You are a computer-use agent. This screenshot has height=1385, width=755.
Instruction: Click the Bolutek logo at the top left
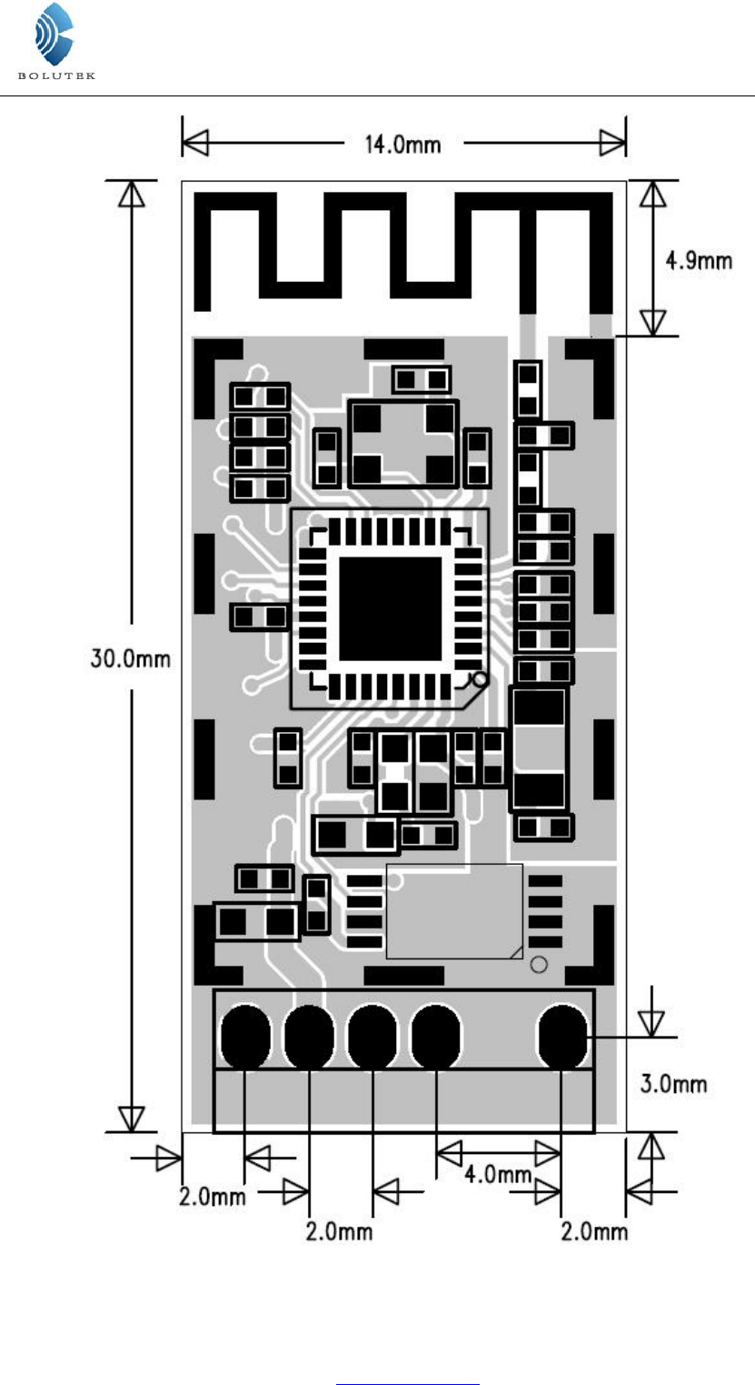point(55,41)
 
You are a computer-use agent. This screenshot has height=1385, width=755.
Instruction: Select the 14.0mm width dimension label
point(402,145)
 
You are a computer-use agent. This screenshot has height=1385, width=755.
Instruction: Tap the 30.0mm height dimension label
point(130,657)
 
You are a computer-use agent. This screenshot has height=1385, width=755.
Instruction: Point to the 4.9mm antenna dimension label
point(699,260)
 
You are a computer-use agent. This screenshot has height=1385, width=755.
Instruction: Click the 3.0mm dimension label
point(673,1083)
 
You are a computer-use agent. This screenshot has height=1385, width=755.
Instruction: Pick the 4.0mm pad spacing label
point(498,1173)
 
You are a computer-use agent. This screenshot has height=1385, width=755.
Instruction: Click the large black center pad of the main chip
point(391,608)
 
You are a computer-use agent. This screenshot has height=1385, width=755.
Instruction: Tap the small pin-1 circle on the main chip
point(480,680)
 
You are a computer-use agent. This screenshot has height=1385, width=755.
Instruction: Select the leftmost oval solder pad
point(245,1037)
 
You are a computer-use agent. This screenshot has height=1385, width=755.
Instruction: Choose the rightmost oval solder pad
point(562,1037)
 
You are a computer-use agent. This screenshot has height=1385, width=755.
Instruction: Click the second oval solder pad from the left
point(309,1037)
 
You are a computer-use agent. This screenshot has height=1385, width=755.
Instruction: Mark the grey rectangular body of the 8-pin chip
point(455,911)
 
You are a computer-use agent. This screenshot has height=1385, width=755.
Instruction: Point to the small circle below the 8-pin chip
point(539,965)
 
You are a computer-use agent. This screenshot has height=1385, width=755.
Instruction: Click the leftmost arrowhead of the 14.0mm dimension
point(196,143)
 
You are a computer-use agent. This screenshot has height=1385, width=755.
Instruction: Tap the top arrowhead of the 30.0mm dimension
point(132,194)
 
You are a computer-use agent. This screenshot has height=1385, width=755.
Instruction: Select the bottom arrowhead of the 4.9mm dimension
point(652,322)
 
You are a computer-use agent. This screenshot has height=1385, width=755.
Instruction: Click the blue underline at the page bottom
point(408,1384)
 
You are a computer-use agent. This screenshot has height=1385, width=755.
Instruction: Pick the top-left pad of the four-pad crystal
point(366,418)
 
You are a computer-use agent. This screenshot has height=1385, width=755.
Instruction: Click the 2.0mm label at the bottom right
point(594,1230)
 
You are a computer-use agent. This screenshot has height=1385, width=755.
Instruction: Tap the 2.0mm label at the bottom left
point(212,1197)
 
